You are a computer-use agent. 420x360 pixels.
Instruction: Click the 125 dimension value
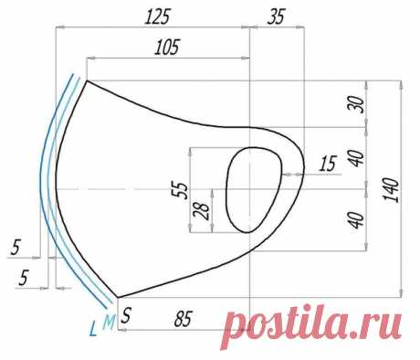[x=156, y=17]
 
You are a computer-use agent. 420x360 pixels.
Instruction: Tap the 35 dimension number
[x=277, y=16]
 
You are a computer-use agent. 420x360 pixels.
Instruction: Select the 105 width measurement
[x=167, y=48]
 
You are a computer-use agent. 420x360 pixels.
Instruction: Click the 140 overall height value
[x=391, y=190]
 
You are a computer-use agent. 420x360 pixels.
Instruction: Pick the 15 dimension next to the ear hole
[x=328, y=164]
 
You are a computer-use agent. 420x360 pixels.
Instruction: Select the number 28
[x=202, y=211]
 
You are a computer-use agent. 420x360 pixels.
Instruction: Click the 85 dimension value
[x=184, y=319]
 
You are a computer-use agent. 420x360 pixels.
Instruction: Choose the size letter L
[x=93, y=329]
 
